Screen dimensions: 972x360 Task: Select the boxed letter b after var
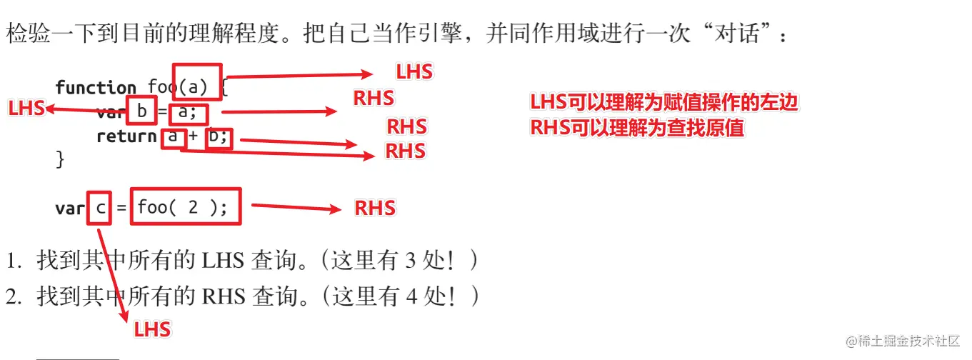(x=141, y=111)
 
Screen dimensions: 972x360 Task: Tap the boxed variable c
(x=99, y=208)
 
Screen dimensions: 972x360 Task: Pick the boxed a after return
(x=173, y=136)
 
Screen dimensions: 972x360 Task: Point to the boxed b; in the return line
(x=219, y=136)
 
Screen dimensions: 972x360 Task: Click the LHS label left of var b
(x=26, y=109)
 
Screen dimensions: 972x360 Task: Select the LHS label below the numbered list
(x=152, y=329)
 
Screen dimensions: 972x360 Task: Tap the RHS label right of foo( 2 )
(x=375, y=208)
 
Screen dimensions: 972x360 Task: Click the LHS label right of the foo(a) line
(x=414, y=71)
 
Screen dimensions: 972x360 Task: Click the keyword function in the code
(x=96, y=88)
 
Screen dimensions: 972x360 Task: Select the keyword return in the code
(x=126, y=136)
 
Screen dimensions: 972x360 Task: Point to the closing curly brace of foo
(x=60, y=159)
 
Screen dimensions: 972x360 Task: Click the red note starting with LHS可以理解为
(x=663, y=103)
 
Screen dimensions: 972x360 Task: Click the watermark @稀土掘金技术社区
(x=903, y=340)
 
